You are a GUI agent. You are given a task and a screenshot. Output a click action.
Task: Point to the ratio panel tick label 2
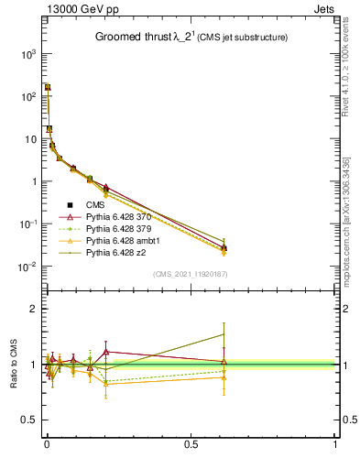[x=32, y=310]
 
